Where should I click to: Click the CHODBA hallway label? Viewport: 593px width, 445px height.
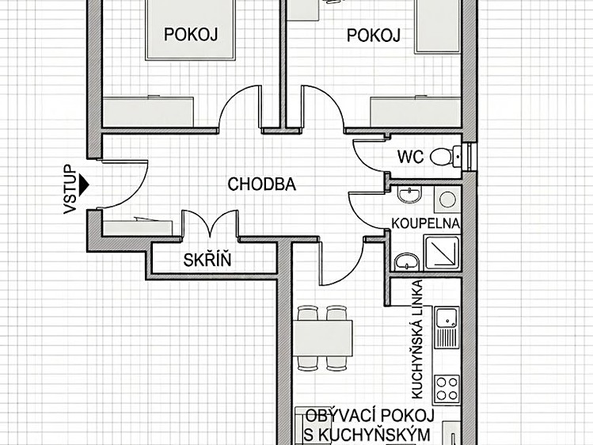pos(262,184)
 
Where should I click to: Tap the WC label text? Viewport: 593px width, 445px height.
pos(411,157)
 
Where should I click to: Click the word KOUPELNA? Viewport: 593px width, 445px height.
pos(425,223)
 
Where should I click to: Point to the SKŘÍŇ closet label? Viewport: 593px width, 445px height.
pos(207,260)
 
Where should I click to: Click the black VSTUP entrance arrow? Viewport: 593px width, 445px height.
pos(84,185)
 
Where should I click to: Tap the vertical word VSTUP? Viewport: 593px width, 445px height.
pos(70,189)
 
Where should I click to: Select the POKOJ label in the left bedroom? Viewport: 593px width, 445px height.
pos(191,34)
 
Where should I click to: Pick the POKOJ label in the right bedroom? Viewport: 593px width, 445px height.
pos(374,36)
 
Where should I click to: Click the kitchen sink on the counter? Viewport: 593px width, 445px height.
pos(447,328)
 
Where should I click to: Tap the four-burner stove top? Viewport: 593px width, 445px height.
pos(447,389)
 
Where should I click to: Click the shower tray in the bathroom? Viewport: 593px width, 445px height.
pos(442,253)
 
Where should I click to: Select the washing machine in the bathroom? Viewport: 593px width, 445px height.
pos(447,200)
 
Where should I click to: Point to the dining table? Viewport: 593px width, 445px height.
pos(323,338)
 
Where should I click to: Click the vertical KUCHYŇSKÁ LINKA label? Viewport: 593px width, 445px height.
pos(416,339)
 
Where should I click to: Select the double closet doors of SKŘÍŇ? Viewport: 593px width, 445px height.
pos(211,224)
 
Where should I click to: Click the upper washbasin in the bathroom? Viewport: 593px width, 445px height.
pos(409,195)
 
